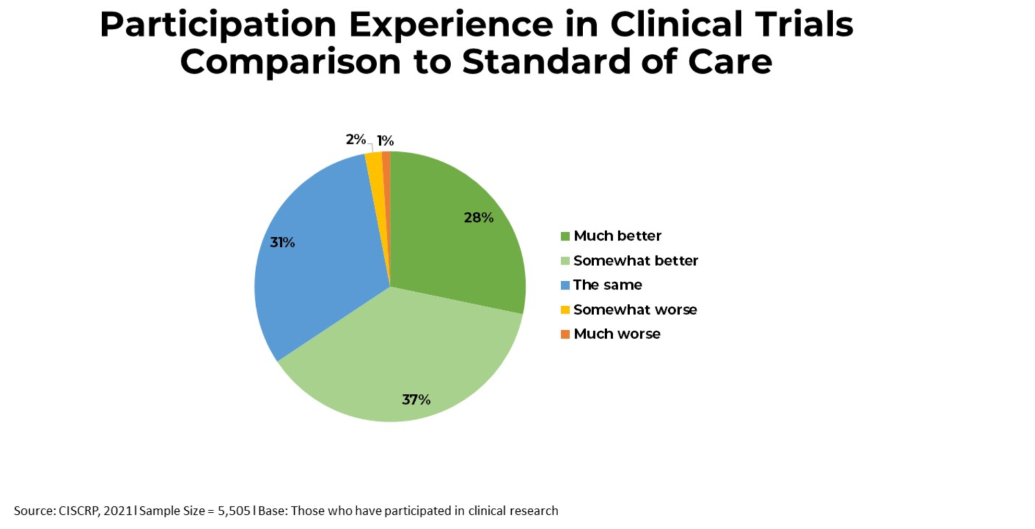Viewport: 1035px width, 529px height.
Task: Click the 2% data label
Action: [355, 139]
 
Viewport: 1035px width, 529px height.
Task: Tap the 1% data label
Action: [386, 141]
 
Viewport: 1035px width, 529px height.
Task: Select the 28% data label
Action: [478, 218]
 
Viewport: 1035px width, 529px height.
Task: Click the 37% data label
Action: [416, 400]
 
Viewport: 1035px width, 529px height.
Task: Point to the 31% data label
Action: [282, 243]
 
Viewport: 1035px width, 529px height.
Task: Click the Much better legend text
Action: [617, 236]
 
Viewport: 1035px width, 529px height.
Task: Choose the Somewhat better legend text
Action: [635, 260]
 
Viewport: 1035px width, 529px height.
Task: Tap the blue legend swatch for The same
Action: [565, 285]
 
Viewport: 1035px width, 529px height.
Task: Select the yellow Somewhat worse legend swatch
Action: [565, 310]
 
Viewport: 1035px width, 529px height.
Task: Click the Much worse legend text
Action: [617, 334]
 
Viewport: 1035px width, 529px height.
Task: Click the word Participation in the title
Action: [218, 25]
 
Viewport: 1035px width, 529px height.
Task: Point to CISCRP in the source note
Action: [78, 511]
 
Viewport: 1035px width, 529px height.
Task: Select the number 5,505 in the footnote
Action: [234, 511]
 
